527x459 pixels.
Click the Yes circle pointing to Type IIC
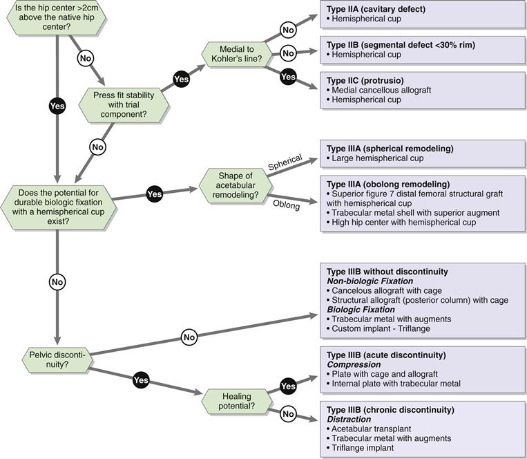(x=289, y=77)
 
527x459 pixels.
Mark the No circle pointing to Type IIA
(x=289, y=30)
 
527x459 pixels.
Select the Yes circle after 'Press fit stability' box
(x=182, y=79)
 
